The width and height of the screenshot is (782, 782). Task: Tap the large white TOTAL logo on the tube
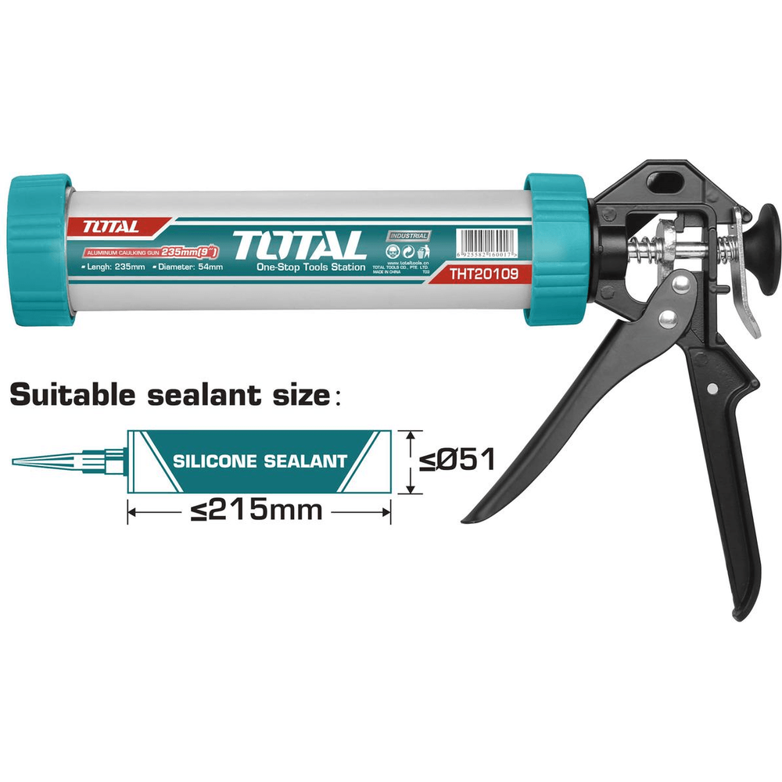click(x=299, y=245)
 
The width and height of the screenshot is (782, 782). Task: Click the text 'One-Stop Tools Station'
click(x=310, y=267)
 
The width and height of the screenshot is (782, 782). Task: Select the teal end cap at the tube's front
click(x=39, y=249)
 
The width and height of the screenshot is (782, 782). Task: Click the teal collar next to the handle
click(x=554, y=249)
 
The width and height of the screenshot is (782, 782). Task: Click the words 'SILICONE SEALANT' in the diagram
click(x=260, y=461)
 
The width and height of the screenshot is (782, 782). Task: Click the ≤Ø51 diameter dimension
click(x=457, y=459)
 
